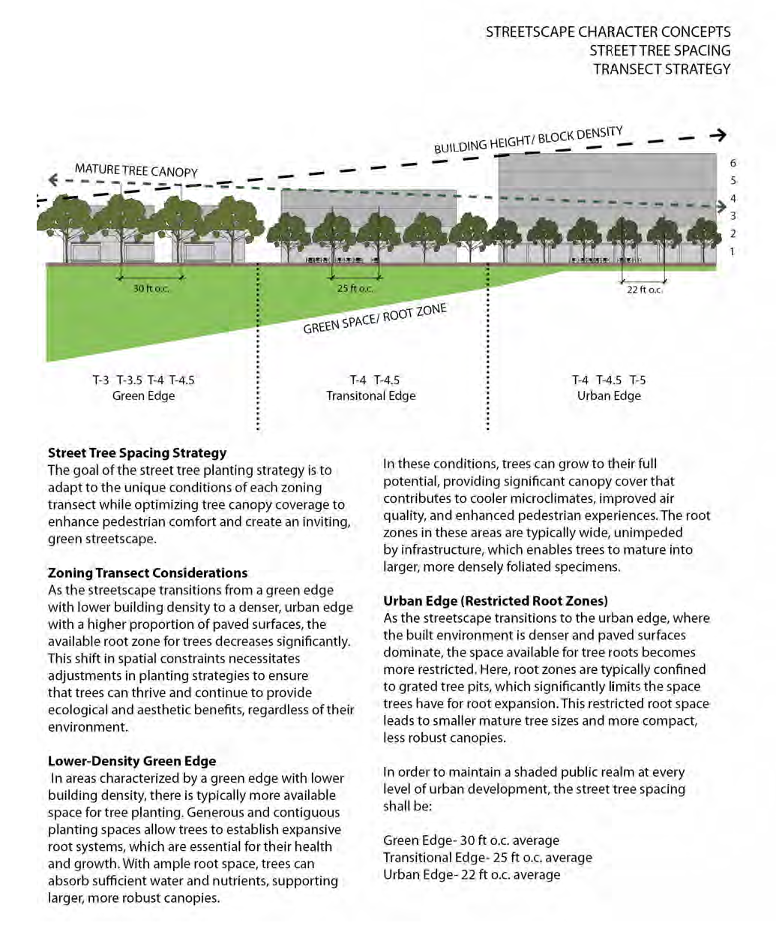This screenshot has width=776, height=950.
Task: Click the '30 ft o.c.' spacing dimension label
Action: click(x=151, y=288)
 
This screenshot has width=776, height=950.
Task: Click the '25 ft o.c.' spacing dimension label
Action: click(x=355, y=288)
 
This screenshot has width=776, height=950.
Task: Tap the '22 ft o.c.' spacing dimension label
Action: click(x=644, y=290)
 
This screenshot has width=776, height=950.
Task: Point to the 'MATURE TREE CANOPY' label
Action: click(x=136, y=170)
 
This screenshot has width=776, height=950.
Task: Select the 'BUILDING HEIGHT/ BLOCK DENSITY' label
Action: click(x=528, y=140)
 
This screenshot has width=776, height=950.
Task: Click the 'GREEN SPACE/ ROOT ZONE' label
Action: click(x=375, y=319)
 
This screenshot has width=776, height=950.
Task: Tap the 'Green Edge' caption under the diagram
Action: click(x=143, y=395)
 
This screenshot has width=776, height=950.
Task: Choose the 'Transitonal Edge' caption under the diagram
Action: click(x=370, y=395)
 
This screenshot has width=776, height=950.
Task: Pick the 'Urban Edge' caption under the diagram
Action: click(x=609, y=395)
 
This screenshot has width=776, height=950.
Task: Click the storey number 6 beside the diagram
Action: click(x=733, y=163)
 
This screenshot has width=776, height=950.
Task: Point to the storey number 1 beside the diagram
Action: click(x=733, y=251)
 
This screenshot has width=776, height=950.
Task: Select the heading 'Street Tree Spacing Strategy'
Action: click(x=137, y=452)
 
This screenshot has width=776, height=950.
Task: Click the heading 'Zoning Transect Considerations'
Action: click(x=148, y=573)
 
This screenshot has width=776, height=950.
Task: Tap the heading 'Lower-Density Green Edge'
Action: click(x=132, y=761)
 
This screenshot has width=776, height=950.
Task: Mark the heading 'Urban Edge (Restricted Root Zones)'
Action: click(x=496, y=600)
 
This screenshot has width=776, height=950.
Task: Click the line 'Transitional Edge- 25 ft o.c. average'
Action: click(x=487, y=857)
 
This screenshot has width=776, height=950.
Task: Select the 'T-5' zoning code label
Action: click(x=637, y=380)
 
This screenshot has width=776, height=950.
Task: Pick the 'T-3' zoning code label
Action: click(x=100, y=380)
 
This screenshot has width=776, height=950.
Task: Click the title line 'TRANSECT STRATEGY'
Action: click(x=661, y=69)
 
